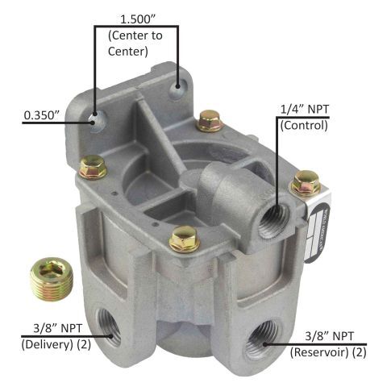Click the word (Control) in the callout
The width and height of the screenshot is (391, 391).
[304, 126]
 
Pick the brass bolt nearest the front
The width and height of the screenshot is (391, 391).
[185, 238]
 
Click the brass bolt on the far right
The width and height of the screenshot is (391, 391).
[305, 184]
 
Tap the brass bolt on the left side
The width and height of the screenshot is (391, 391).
[94, 166]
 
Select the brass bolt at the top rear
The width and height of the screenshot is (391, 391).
[209, 121]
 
